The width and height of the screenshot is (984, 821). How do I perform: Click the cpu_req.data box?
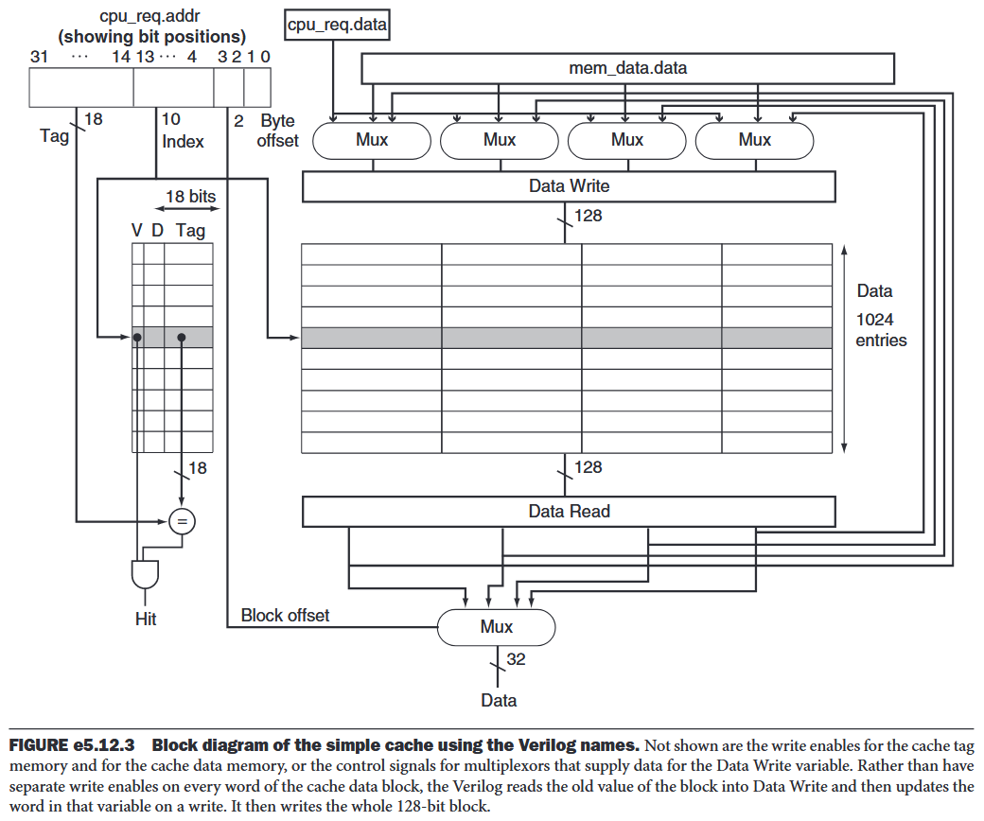coord(337,25)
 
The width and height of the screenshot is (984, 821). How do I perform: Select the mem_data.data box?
coord(628,68)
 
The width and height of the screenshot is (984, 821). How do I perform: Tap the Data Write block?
coord(569,186)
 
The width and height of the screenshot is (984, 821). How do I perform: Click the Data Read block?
coord(569,512)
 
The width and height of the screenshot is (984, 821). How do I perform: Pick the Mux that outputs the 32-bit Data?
coord(496,626)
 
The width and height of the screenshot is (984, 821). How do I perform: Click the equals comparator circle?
coord(181,520)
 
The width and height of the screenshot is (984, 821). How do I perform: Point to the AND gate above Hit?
coord(145,572)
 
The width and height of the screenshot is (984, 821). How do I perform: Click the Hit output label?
coord(145,620)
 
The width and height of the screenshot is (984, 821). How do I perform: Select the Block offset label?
coord(285,616)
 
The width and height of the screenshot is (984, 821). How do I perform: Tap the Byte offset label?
coord(277,131)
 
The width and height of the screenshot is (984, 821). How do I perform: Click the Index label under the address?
coord(183,141)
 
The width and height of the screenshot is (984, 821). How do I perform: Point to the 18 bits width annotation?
coord(190,197)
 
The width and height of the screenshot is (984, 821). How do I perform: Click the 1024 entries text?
coord(881,329)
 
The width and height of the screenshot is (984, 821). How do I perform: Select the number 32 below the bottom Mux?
coord(516,659)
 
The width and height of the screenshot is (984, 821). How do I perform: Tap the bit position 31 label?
coord(39,57)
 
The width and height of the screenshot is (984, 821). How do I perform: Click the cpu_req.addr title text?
coord(151,17)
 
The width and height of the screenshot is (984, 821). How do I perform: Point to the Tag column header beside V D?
coord(190,230)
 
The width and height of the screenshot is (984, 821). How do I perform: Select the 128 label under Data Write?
coord(588,216)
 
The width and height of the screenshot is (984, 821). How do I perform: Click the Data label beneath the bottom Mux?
coord(499,700)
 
